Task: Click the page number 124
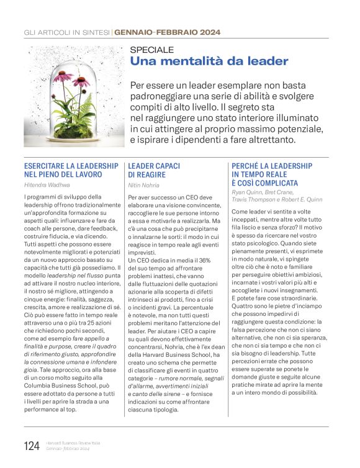32,446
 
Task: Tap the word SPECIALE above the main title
152,50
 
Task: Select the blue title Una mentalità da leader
209,61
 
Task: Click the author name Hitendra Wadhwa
47,184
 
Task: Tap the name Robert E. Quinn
303,200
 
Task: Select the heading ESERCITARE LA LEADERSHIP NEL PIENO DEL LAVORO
70,170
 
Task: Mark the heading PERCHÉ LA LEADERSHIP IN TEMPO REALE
272,170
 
